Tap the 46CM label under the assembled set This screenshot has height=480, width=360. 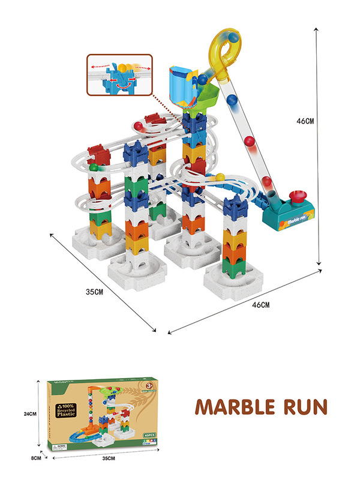259,305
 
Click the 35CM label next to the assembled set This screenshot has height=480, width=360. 94,292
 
